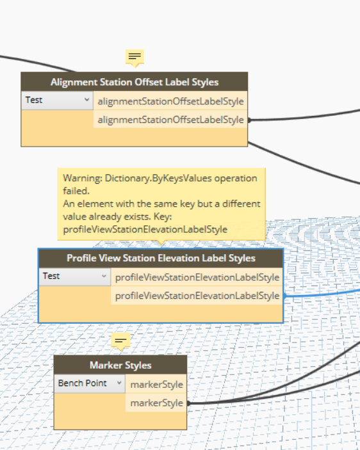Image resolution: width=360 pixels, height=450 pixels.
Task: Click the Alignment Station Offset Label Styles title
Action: coord(135,82)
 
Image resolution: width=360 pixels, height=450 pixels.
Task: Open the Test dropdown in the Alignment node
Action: coord(57,100)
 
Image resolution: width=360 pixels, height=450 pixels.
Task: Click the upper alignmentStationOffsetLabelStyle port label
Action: coord(170,101)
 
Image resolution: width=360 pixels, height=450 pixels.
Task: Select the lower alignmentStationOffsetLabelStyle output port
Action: coord(170,120)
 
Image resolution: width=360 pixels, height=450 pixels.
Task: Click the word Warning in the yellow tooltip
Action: coord(83,179)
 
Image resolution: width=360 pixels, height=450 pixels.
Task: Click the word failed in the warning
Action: coord(76,191)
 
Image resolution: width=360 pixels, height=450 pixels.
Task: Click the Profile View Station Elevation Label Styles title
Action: coord(161,258)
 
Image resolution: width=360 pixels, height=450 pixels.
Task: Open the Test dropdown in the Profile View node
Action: coord(75,277)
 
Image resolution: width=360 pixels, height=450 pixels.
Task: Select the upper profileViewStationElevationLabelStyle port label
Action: coord(197,277)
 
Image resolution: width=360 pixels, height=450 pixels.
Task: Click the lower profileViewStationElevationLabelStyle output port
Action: coord(197,296)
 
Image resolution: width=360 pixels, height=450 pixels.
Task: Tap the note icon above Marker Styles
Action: coord(120,341)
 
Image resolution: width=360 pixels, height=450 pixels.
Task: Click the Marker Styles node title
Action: coord(120,366)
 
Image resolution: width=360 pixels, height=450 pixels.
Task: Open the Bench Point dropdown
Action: coord(90,383)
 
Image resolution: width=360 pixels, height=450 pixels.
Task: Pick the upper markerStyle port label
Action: coord(156,385)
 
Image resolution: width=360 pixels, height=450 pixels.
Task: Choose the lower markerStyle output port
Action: coord(156,403)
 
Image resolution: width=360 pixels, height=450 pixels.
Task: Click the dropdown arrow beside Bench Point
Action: coord(119,383)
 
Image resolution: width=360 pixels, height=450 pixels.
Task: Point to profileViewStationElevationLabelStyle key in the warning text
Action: coord(145,230)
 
